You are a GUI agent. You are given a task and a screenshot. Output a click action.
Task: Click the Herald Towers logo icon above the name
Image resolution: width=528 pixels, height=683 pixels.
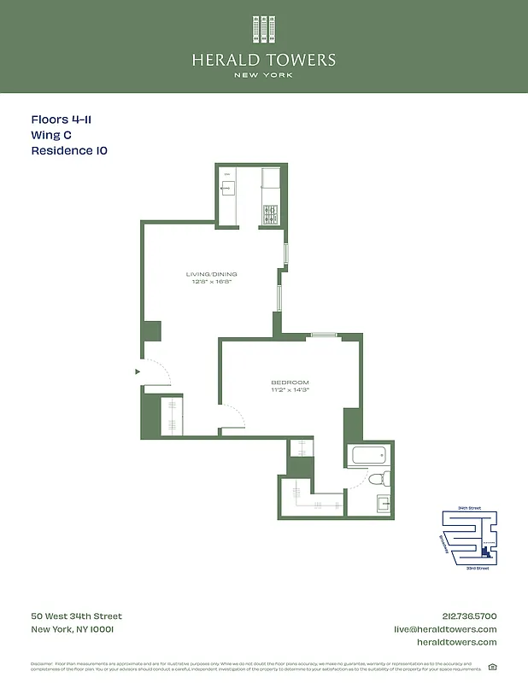point(263,29)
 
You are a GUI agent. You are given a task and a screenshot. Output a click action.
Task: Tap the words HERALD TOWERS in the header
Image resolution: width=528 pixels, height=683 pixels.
point(263,60)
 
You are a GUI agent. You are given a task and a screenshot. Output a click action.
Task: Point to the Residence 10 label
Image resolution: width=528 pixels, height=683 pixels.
point(69,151)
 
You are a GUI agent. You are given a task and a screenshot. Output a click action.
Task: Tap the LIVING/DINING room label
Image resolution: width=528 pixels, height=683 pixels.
point(211,274)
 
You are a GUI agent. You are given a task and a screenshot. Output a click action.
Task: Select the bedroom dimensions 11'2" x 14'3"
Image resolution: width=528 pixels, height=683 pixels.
point(290,390)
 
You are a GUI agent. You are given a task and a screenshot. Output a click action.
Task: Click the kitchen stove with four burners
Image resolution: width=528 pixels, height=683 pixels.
point(271,213)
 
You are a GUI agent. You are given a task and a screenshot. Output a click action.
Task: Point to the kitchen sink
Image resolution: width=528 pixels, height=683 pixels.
point(229,187)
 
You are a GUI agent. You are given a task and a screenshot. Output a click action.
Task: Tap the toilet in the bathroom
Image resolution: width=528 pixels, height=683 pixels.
point(383,477)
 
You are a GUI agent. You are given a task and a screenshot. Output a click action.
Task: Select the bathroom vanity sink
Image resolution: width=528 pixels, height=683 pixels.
point(383,504)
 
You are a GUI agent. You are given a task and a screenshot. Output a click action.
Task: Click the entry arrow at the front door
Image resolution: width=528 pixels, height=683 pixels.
point(137,371)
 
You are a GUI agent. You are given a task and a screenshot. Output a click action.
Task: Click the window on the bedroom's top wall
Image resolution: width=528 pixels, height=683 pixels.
point(323,336)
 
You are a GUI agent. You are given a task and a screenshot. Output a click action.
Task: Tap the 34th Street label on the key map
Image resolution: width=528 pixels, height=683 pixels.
point(470,509)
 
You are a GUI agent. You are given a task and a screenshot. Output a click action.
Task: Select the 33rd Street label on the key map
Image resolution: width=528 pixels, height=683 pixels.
point(477,568)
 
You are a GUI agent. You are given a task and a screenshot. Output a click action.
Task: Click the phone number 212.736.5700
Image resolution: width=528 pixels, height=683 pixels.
point(466,616)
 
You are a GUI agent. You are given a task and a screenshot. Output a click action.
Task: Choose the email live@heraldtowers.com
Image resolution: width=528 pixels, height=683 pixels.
point(444,629)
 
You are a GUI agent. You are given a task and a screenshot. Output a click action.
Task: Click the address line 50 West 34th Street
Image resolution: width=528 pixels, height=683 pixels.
point(76,616)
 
